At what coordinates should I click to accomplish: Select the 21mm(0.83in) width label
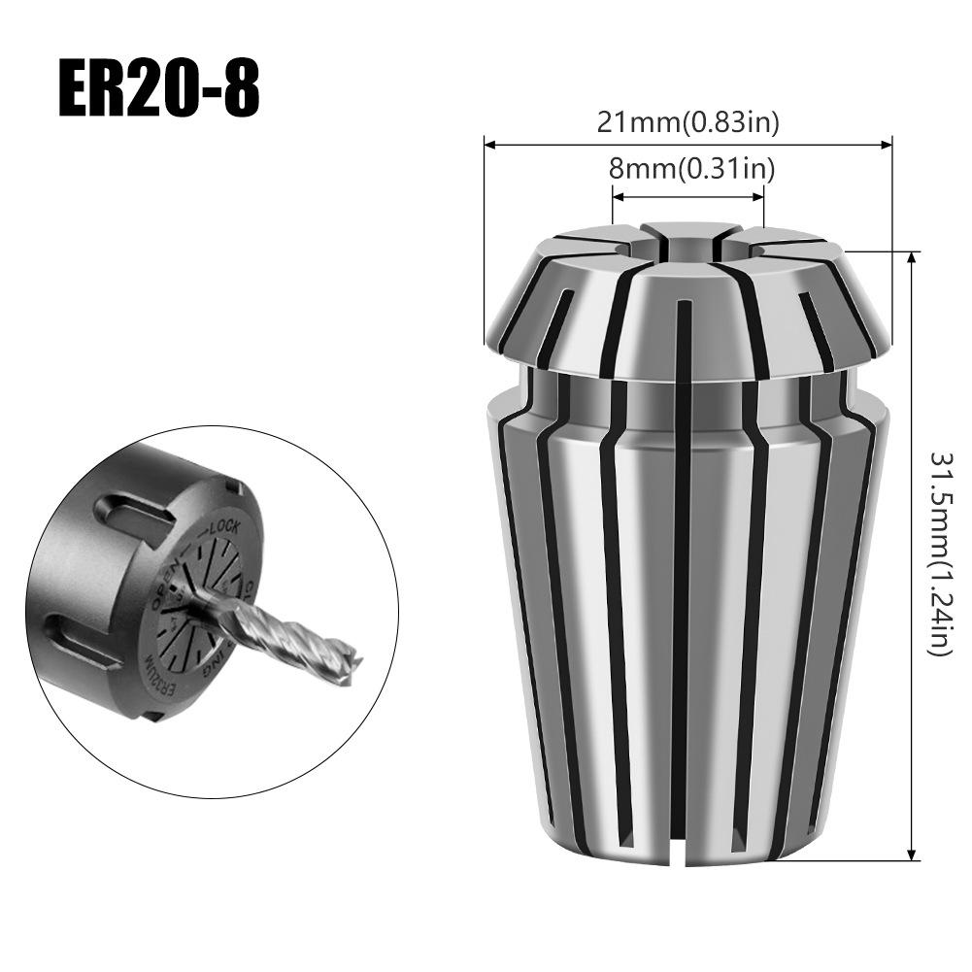(687, 122)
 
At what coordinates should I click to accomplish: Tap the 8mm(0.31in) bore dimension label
(690, 169)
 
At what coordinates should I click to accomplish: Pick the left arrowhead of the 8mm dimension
(617, 195)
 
